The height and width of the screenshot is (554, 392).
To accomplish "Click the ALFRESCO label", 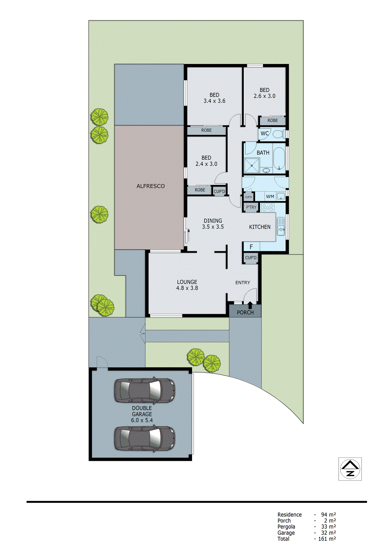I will [150, 186].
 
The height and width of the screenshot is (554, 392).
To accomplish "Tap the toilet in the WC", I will [278, 134].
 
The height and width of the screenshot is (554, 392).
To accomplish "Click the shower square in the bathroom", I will [252, 166].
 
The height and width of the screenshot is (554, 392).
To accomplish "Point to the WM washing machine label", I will [270, 197].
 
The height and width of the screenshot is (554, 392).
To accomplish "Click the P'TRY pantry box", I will [251, 207].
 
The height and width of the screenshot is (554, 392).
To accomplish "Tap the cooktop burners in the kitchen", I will [268, 208].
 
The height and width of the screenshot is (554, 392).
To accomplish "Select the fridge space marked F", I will [251, 247].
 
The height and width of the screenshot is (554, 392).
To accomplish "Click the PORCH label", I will [245, 313].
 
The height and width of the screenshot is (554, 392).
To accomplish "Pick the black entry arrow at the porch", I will [250, 305].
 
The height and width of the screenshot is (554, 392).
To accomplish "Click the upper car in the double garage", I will [145, 391].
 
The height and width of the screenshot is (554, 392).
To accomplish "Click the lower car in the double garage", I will [145, 438].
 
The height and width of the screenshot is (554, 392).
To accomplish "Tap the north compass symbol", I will [350, 469].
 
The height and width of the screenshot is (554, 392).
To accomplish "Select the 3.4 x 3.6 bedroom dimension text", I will [214, 101].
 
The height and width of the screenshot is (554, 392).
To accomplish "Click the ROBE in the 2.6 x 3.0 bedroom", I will [272, 120].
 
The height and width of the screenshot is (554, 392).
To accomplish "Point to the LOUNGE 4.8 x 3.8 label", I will [187, 285].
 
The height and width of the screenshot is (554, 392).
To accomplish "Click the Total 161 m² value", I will [327, 539].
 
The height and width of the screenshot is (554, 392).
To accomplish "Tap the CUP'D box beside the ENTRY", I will [251, 258].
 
